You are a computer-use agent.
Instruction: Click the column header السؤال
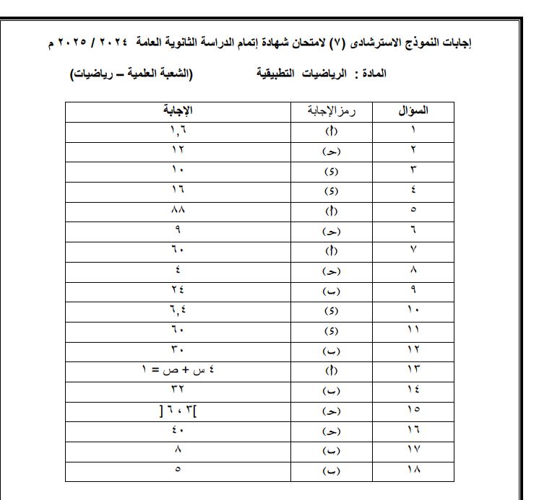tap(414, 112)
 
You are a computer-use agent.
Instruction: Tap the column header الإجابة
tap(177, 112)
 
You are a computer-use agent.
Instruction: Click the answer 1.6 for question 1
tap(177, 131)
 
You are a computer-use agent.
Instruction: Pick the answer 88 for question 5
tap(177, 210)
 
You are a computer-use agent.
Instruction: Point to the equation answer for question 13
tap(177, 370)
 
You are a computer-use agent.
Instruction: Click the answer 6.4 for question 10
tap(177, 311)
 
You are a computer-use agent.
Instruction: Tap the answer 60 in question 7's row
tap(177, 251)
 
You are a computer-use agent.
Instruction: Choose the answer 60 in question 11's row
tap(177, 330)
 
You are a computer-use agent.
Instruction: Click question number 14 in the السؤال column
tap(414, 390)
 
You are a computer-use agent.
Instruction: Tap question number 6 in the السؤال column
tap(414, 232)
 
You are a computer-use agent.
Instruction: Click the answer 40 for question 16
tap(177, 431)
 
